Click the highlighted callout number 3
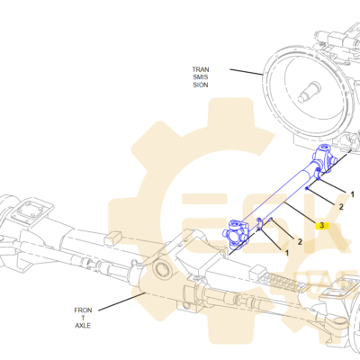tap(322, 225)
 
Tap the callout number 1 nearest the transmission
tap(353, 194)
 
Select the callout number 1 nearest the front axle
tap(287, 253)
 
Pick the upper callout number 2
tap(341, 207)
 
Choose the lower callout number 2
tap(300, 241)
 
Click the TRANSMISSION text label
tap(201, 77)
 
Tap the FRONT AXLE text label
tap(83, 318)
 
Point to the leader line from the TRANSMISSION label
tap(247, 72)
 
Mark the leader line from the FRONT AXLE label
tap(121, 301)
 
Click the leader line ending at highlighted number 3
tap(300, 213)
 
